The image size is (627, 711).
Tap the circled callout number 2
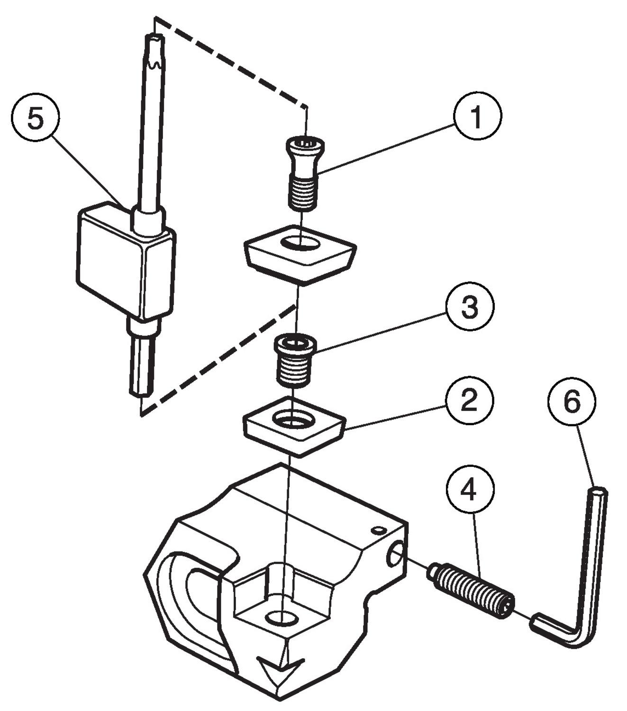469,401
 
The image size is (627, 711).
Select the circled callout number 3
469,307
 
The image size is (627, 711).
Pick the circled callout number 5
36,118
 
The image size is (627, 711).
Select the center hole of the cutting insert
300,243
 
